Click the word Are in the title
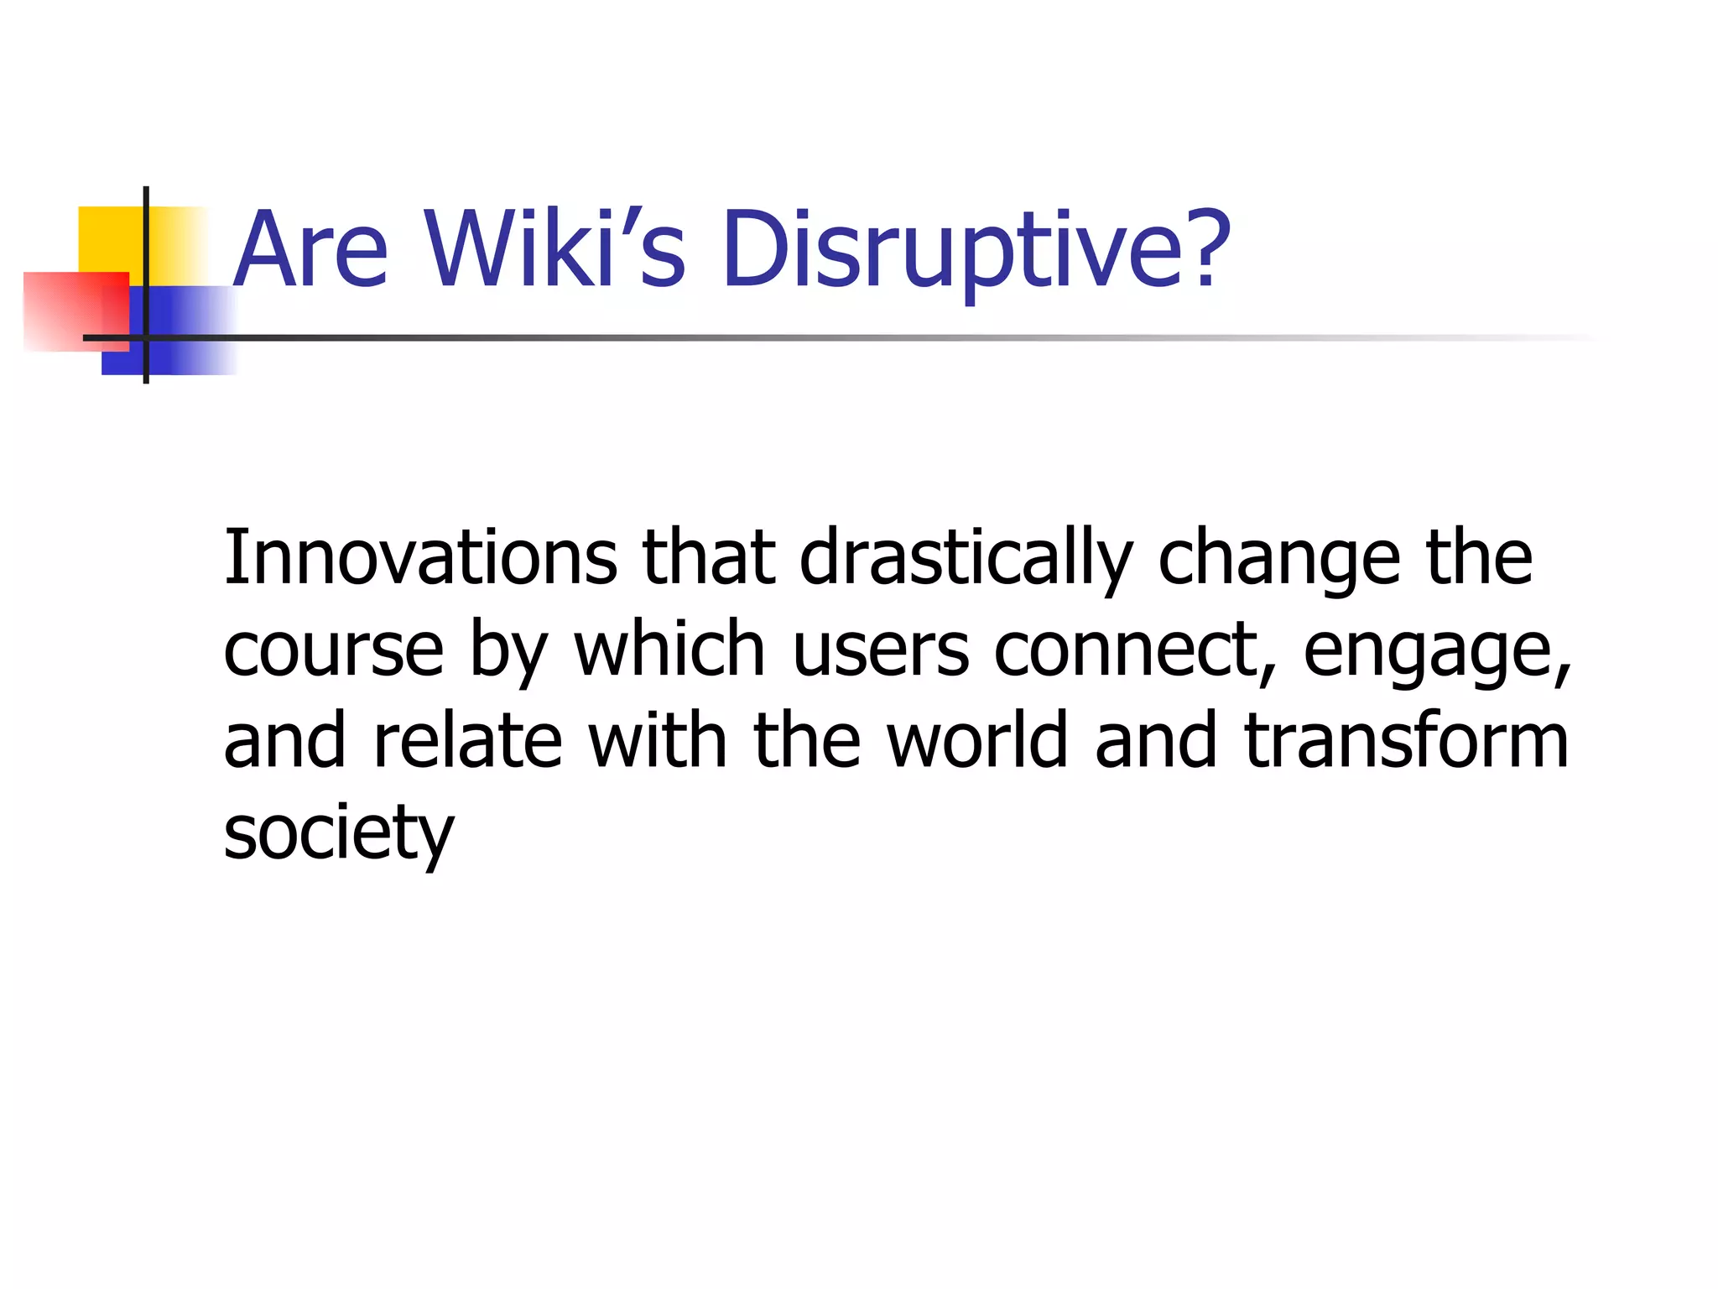pos(310,249)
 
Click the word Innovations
pos(420,558)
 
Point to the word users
pos(881,650)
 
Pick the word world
pos(978,740)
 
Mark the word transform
pos(1406,740)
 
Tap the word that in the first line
pos(709,558)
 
